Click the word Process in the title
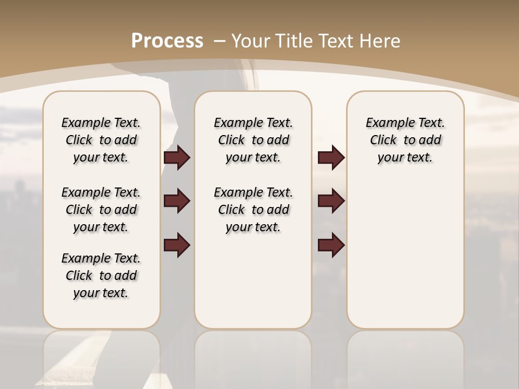pos(167,41)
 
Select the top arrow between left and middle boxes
pos(177,158)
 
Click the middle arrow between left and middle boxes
pos(177,201)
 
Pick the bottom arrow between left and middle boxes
pos(177,245)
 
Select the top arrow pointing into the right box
pos(331,158)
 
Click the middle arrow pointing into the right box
pos(331,201)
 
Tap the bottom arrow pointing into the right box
pos(331,245)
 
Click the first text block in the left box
pos(101,140)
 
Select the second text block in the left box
pos(101,210)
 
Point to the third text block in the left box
pos(101,276)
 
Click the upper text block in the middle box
pos(253,140)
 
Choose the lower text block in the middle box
pos(253,210)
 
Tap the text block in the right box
pos(405,140)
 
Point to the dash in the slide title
pos(219,41)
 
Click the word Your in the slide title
pos(250,41)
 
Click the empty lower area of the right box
pos(405,259)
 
